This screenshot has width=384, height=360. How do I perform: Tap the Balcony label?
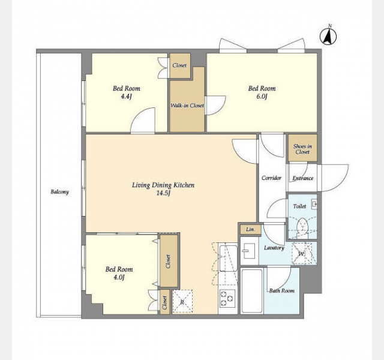click(59, 192)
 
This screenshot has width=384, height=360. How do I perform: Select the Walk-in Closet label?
click(187, 106)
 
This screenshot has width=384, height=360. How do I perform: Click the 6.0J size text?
click(262, 97)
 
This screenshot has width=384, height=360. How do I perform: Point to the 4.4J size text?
click(127, 97)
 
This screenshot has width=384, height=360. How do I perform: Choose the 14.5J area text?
click(163, 193)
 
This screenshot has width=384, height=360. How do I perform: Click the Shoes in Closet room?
click(302, 148)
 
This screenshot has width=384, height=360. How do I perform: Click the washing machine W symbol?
click(302, 253)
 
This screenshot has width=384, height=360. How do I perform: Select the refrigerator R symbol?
click(182, 301)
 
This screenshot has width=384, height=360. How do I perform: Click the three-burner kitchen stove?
click(227, 298)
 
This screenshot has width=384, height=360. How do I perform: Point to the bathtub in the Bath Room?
click(252, 290)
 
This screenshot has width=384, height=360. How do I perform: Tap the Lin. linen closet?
click(250, 229)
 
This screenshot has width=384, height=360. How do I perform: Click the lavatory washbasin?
click(248, 251)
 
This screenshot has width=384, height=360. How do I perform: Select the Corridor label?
click(271, 178)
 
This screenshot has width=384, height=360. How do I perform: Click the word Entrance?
click(302, 178)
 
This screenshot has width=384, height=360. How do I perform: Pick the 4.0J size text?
click(119, 277)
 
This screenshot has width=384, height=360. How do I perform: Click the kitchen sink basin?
click(228, 258)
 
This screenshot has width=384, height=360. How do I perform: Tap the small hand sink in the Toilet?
click(314, 204)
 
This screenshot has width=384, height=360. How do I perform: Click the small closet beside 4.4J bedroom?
click(180, 65)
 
